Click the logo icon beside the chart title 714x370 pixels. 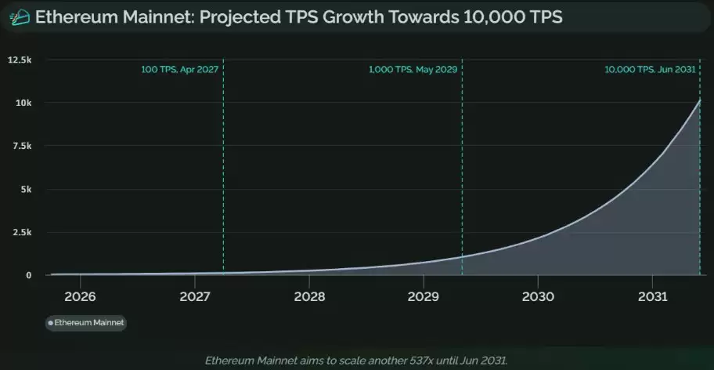[x=20, y=17]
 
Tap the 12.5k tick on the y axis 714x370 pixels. [x=20, y=60]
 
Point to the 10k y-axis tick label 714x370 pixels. [x=24, y=103]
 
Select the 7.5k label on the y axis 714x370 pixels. [x=22, y=146]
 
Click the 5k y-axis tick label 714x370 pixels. [x=27, y=189]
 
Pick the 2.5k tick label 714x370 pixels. [x=22, y=232]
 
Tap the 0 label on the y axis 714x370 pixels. [x=29, y=275]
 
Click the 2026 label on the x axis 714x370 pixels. [x=80, y=297]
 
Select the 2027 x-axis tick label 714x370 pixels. [x=195, y=297]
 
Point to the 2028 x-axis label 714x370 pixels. [x=310, y=297]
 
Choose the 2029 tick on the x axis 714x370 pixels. [x=424, y=297]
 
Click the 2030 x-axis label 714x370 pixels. [x=538, y=297]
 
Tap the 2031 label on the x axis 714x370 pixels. [x=652, y=297]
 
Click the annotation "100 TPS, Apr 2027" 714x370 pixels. [x=180, y=70]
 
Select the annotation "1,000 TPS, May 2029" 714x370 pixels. [x=413, y=70]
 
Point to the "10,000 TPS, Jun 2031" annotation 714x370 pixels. [x=651, y=70]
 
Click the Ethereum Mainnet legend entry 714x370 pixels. [x=86, y=323]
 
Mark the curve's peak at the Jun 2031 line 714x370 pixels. [x=700, y=100]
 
